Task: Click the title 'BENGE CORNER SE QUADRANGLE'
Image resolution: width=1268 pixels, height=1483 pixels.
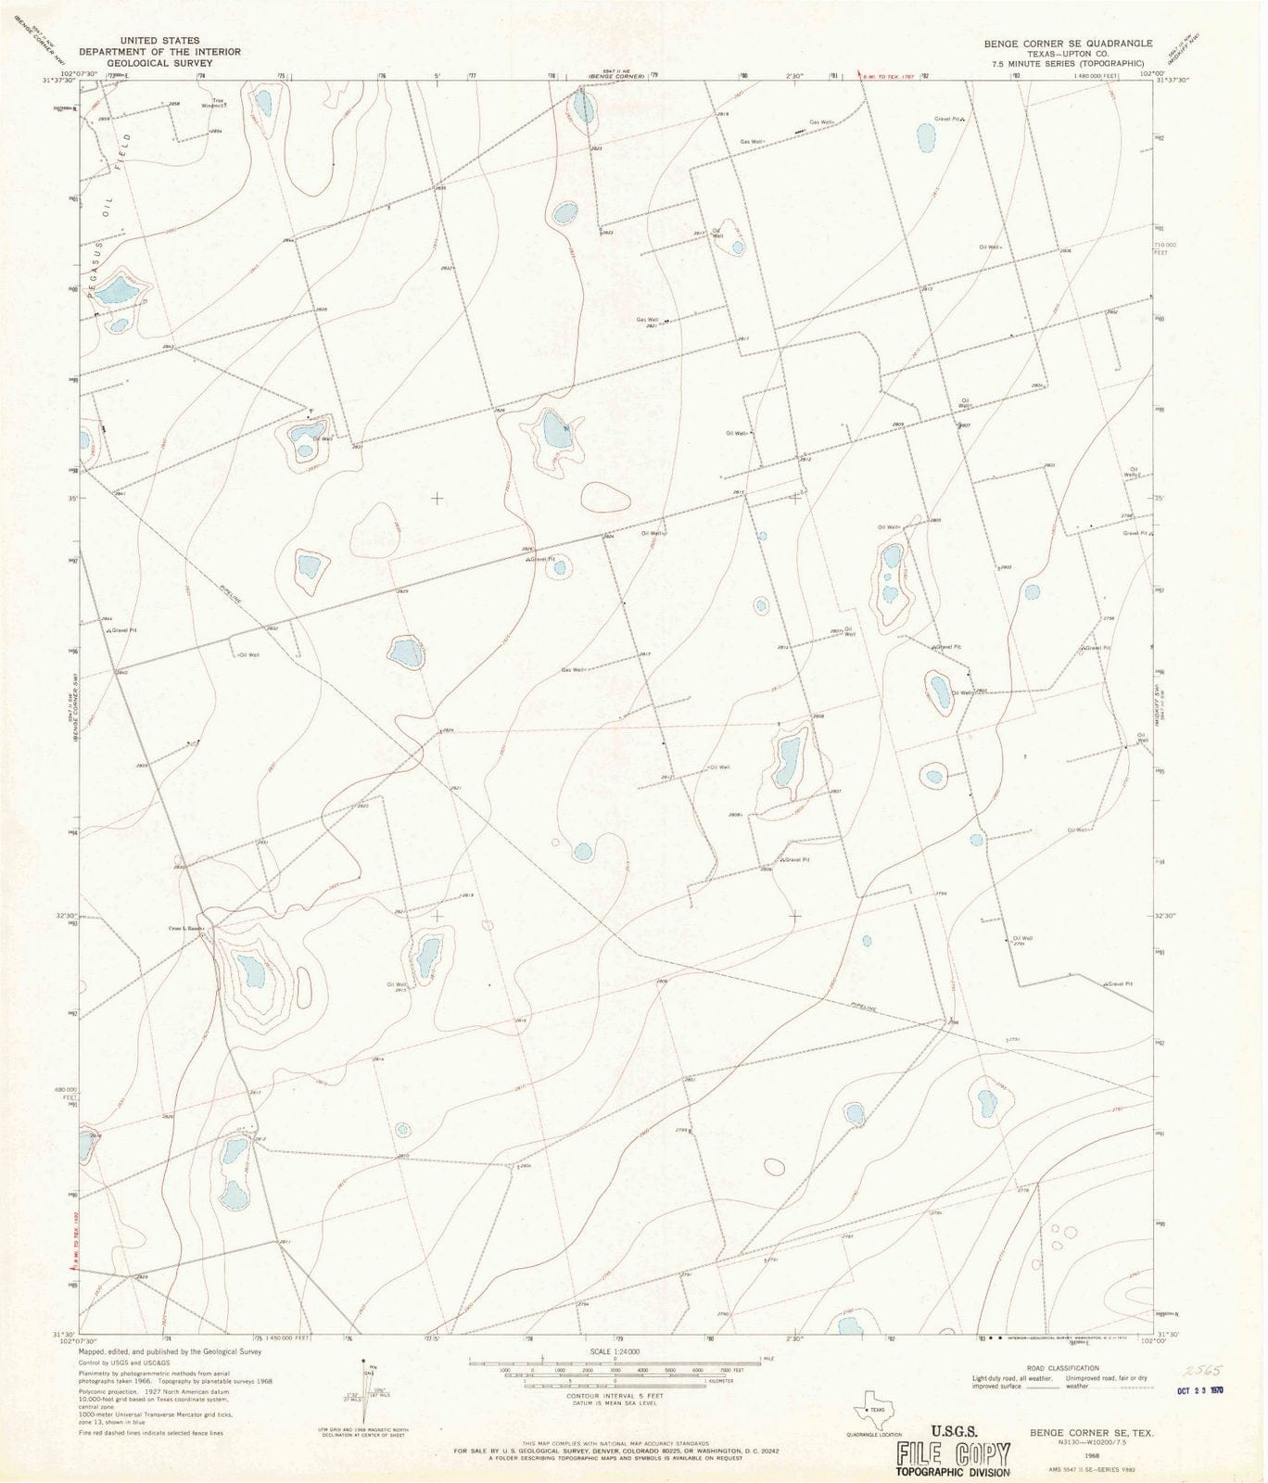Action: pyautogui.click(x=1068, y=44)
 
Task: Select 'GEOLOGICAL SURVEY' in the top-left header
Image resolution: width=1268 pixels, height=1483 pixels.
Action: pyautogui.click(x=158, y=63)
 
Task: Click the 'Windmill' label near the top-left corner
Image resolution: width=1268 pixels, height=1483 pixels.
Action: pyautogui.click(x=217, y=106)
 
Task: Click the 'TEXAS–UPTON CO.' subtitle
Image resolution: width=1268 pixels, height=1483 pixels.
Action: pyautogui.click(x=1068, y=54)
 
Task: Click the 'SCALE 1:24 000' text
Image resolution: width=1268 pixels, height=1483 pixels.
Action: pyautogui.click(x=614, y=1351)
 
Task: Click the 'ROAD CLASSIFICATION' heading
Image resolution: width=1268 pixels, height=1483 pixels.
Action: pyautogui.click(x=1062, y=1368)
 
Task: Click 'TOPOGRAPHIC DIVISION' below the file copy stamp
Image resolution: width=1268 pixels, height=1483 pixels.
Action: pyautogui.click(x=952, y=1472)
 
